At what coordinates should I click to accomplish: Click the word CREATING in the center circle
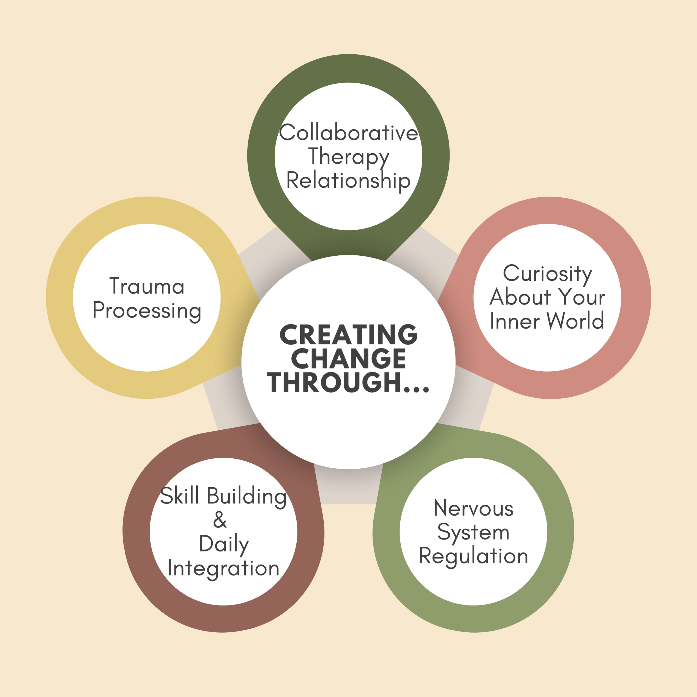tap(348, 335)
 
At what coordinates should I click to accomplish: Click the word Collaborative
tap(348, 133)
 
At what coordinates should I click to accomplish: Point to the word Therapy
tap(348, 157)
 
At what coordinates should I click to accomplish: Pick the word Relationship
tap(348, 181)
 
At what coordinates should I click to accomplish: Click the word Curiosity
tap(548, 274)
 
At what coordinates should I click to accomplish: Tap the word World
tap(575, 321)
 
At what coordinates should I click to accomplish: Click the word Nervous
tap(473, 509)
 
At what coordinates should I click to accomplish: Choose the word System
tap(473, 533)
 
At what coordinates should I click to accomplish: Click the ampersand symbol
tap(220, 520)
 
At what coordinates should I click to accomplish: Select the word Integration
tap(224, 568)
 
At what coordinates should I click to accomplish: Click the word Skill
tap(180, 496)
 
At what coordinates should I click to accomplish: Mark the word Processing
tap(147, 311)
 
